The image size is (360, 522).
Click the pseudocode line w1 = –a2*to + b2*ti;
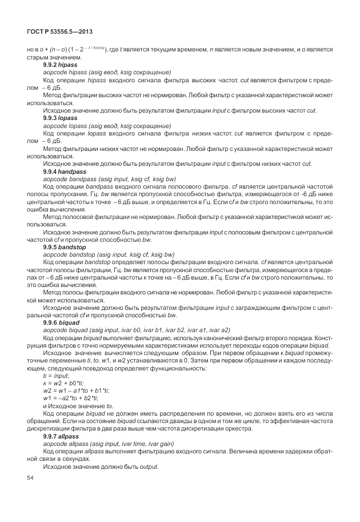click(71, 397)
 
